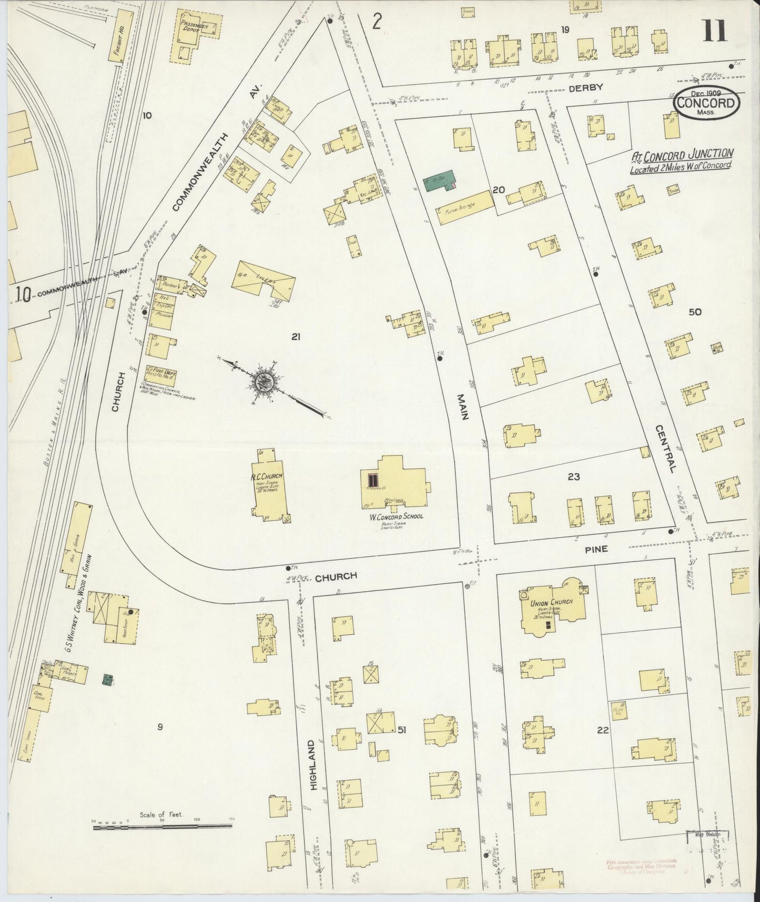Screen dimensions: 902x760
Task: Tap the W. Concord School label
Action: tap(396, 516)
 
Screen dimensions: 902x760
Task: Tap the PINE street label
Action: tap(595, 548)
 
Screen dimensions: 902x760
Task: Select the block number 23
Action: tap(573, 477)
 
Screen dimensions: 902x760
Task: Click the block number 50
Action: tap(695, 312)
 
